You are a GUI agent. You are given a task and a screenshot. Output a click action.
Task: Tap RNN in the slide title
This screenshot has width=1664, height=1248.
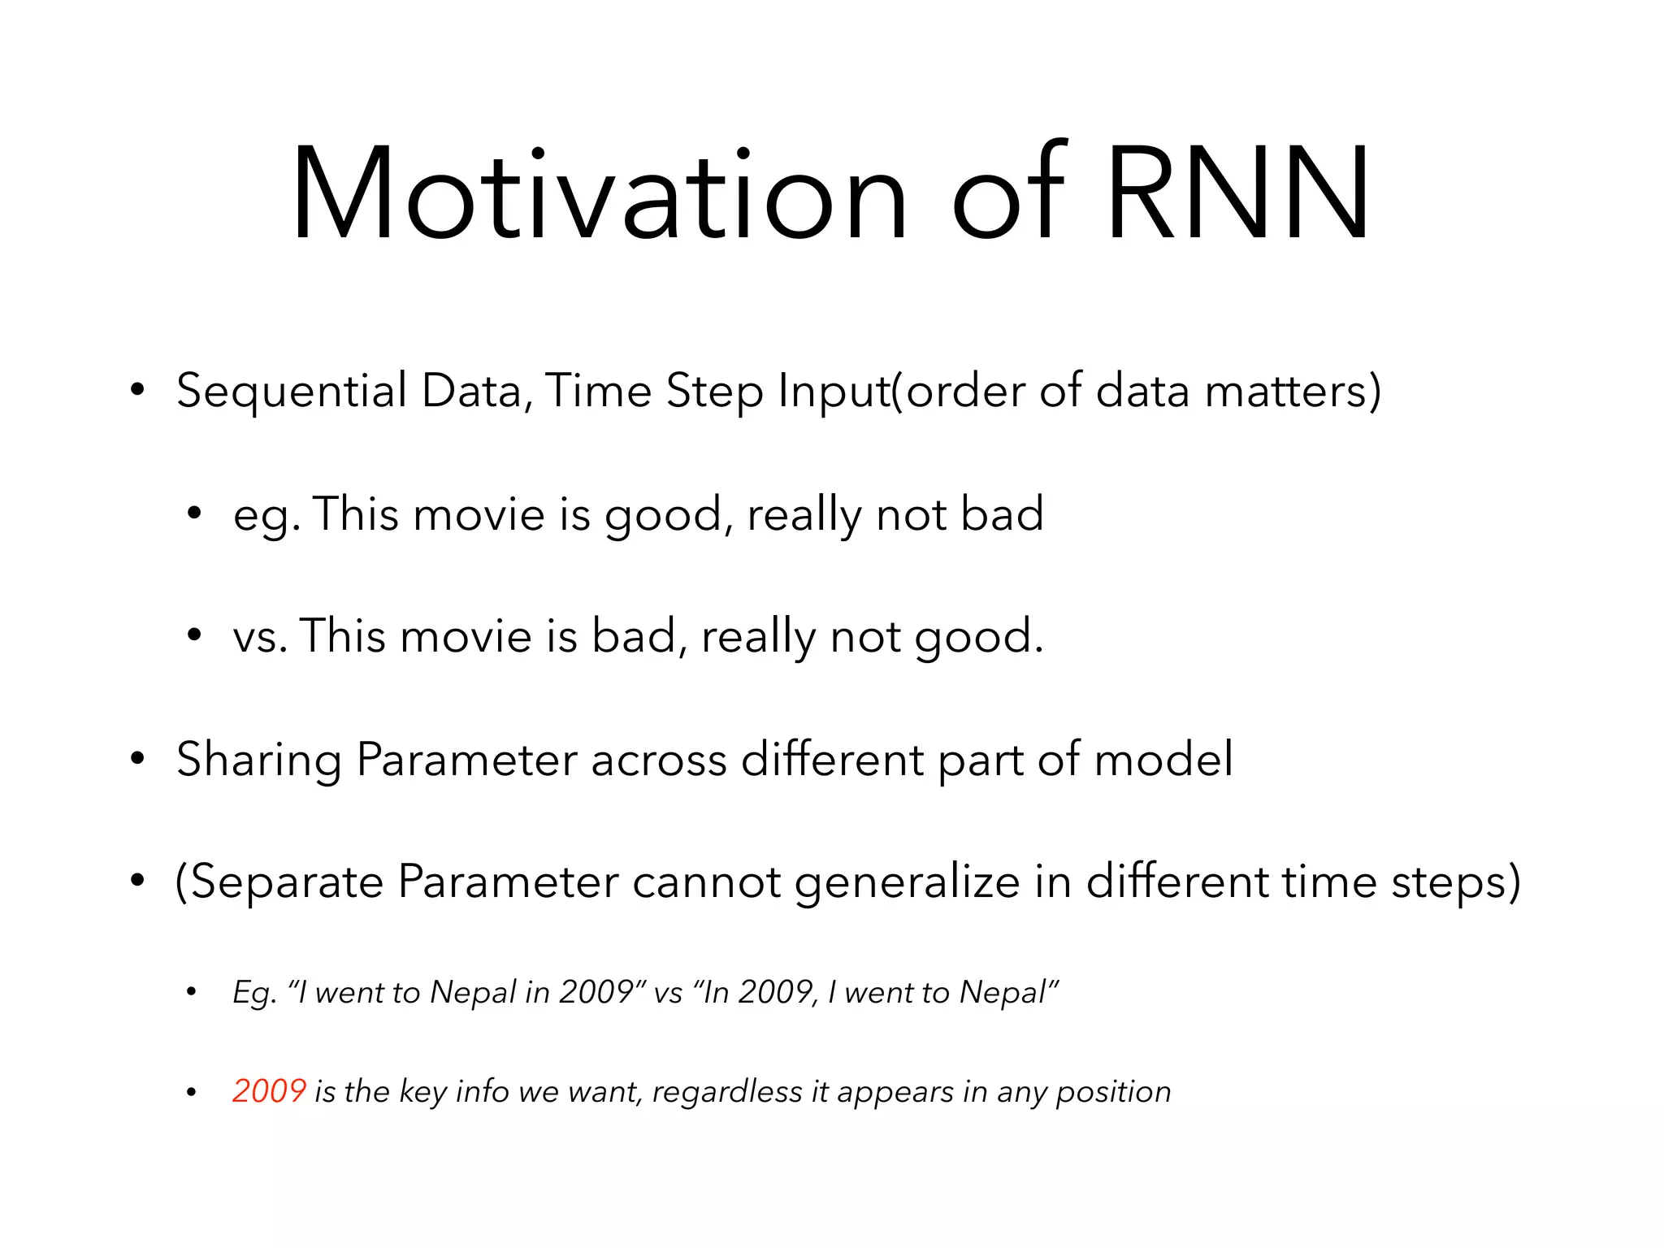1237,195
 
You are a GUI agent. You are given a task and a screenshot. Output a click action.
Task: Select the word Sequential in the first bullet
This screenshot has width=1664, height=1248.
292,392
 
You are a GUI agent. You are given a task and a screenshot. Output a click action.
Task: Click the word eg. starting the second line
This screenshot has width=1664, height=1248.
266,516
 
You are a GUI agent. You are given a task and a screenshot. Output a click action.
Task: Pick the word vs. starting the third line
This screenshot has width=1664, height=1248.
260,636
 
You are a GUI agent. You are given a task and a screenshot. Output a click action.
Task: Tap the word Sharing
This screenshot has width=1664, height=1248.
259,761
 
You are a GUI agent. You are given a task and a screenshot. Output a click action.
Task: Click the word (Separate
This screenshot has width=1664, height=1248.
279,883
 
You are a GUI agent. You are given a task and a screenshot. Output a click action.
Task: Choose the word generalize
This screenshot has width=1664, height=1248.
906,883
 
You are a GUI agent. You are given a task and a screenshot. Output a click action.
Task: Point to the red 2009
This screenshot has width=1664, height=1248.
269,1091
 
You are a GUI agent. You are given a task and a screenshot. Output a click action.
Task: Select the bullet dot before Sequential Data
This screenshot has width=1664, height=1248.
137,391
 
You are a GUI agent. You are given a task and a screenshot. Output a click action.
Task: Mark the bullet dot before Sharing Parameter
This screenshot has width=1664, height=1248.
137,759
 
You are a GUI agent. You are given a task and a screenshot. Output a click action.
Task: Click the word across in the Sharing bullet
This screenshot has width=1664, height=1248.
658,761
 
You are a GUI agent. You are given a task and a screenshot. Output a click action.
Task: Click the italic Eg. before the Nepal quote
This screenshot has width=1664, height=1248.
254,994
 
